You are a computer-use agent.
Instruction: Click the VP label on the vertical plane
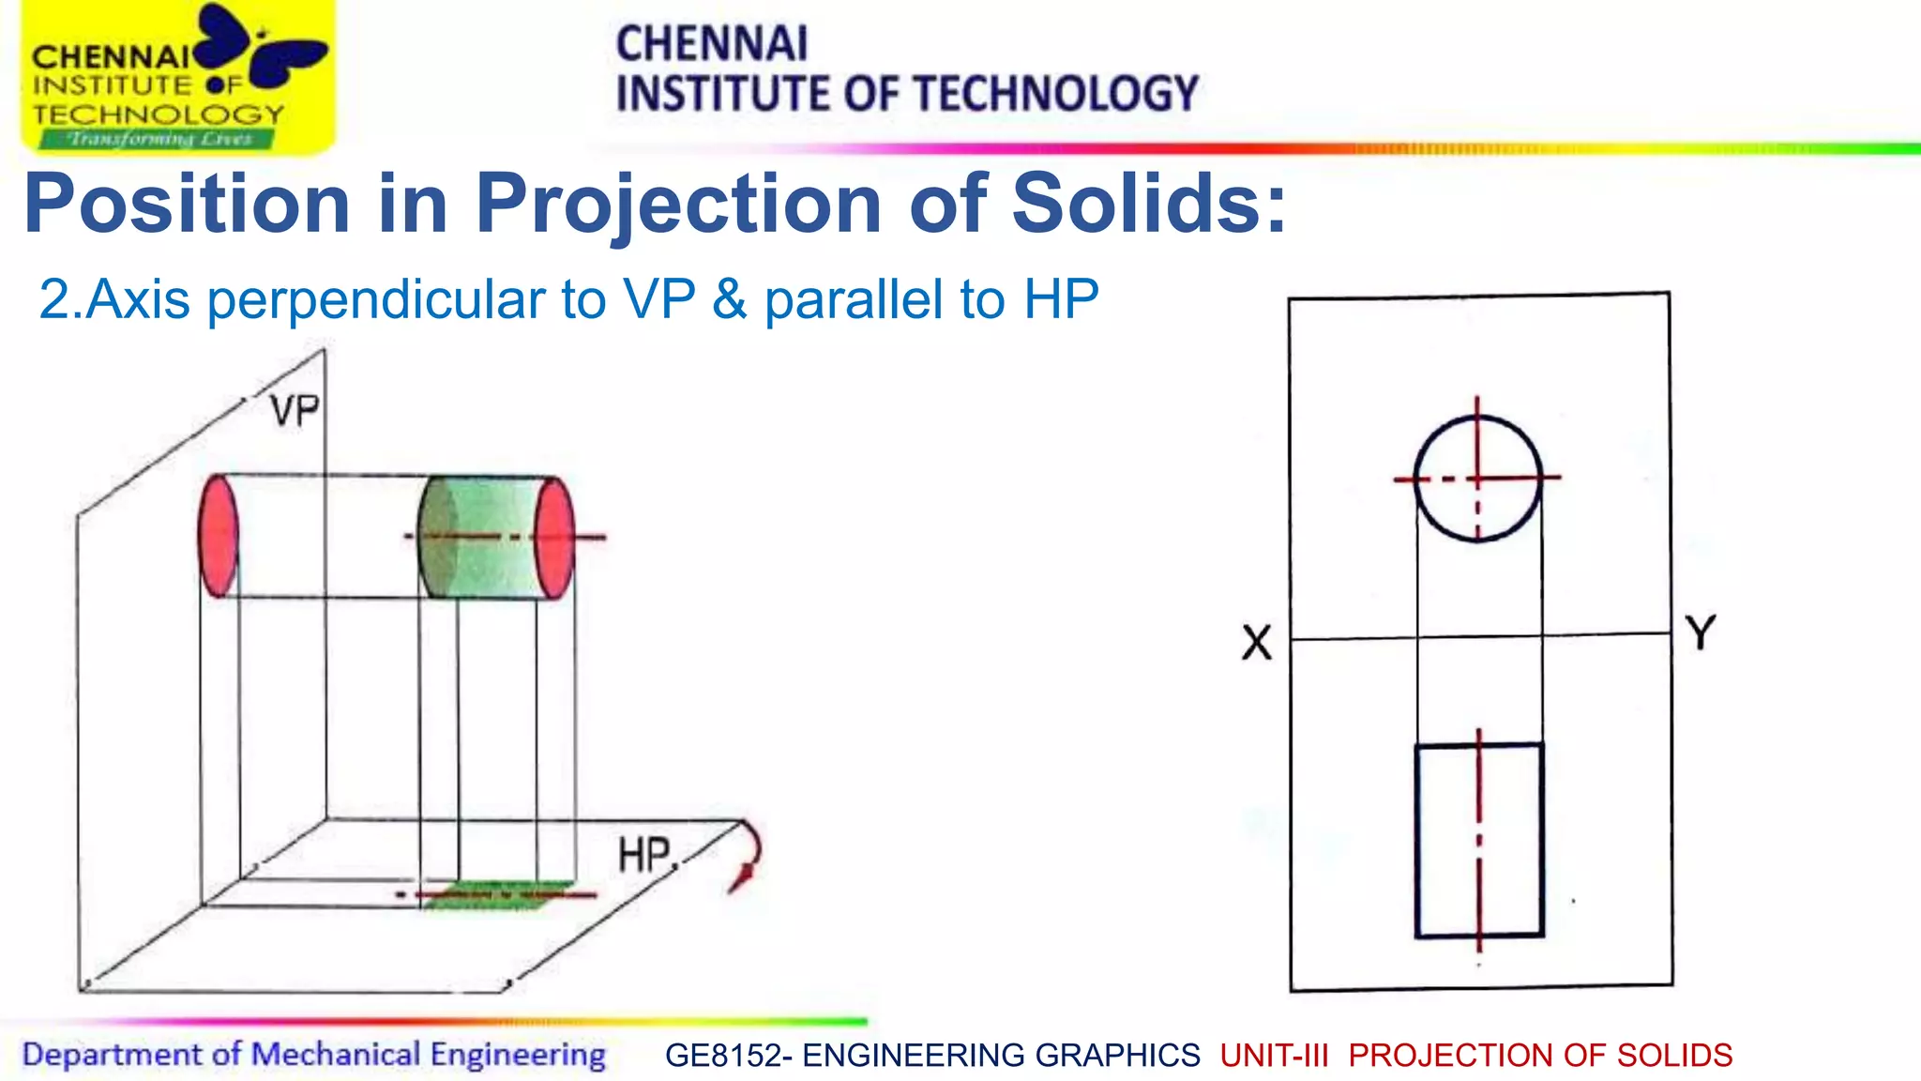click(x=295, y=411)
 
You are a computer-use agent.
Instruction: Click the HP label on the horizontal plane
click(x=644, y=855)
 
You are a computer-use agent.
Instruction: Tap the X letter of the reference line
click(x=1257, y=644)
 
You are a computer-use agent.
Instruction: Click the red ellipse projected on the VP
click(x=219, y=535)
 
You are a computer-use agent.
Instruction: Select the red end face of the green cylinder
click(x=554, y=537)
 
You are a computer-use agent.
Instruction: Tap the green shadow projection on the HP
click(x=497, y=894)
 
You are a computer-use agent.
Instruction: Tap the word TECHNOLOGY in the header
click(x=1056, y=94)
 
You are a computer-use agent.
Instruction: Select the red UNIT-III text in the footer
click(x=1274, y=1056)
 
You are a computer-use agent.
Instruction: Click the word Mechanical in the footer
click(x=336, y=1054)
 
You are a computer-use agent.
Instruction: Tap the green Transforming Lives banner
click(x=157, y=140)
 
